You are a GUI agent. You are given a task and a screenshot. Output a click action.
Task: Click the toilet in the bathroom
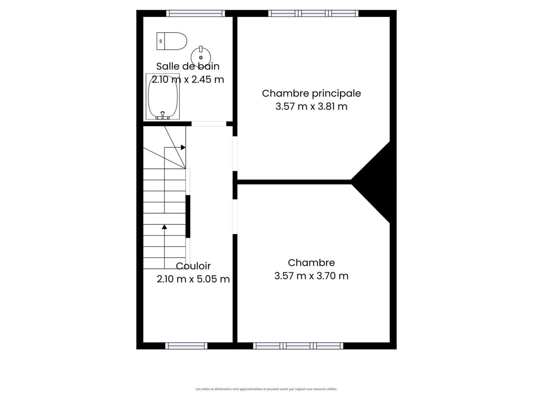[x=172, y=41]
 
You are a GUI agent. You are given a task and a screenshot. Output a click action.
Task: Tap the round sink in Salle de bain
[x=201, y=57]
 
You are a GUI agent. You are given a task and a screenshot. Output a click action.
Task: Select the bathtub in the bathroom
[x=163, y=97]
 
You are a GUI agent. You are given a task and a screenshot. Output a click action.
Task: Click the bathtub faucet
[x=163, y=115]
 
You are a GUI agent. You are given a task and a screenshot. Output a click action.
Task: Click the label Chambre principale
[x=311, y=93]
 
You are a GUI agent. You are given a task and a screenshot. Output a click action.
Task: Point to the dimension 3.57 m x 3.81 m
[x=311, y=106]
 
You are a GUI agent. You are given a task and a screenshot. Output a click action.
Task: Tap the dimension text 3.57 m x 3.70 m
[x=311, y=276]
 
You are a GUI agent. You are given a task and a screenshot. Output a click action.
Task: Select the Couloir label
[x=193, y=266]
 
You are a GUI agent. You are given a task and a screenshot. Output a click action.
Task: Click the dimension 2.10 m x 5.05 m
[x=193, y=279]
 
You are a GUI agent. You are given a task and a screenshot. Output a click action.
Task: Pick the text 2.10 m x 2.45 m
[x=188, y=80]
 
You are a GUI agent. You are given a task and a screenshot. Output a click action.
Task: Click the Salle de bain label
[x=188, y=66]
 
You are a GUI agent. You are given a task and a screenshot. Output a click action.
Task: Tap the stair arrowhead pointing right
[x=183, y=148]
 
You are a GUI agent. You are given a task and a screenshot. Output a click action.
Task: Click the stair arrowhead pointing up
[x=164, y=227]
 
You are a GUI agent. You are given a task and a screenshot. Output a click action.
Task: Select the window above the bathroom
[x=195, y=13]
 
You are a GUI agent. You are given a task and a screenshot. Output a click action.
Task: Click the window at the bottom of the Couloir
[x=186, y=346]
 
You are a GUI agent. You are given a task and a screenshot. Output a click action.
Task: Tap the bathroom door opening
[x=209, y=124]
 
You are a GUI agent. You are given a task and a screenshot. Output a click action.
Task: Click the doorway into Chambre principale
[x=235, y=154]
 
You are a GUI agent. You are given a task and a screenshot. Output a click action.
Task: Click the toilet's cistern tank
[x=161, y=41]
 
